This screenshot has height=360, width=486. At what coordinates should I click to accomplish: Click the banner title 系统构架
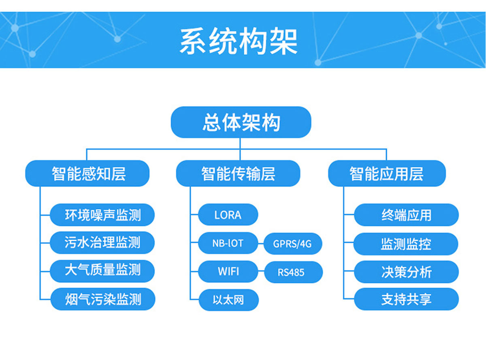coord(239,41)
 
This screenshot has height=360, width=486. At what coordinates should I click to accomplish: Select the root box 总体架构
coord(241,122)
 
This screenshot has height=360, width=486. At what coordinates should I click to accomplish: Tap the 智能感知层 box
coord(87,173)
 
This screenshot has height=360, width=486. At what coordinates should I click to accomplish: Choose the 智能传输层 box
coord(238,173)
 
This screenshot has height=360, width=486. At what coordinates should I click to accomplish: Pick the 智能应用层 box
coord(387,173)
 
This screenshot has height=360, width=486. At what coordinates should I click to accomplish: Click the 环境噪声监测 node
coord(102,215)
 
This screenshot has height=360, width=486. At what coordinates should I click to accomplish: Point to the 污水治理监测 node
coord(102,242)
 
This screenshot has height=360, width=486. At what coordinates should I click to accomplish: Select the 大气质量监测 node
coord(102,271)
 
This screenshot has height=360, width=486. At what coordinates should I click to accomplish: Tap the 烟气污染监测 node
coord(103,299)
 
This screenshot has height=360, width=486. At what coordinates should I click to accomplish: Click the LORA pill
coord(228,214)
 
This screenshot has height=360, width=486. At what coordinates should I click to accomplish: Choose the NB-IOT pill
coord(228,243)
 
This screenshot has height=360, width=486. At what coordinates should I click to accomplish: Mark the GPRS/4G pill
coord(292,244)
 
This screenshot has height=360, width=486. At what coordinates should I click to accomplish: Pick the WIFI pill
coord(228,271)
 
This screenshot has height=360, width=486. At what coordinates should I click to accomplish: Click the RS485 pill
coord(293,272)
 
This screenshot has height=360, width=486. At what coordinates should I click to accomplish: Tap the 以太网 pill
coord(228,300)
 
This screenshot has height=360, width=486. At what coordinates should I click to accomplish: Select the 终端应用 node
coord(406,215)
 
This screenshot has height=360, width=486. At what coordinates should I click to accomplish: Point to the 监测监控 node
coord(406,244)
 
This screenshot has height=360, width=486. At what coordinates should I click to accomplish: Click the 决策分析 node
coord(406,272)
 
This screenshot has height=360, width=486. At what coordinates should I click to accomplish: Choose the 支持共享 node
coord(406,299)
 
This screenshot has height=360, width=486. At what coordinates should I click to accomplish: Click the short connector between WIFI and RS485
coord(261,272)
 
